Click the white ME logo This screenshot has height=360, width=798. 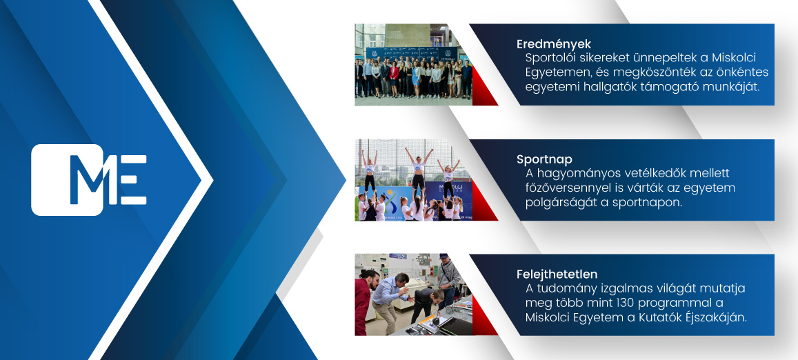coord(89,180)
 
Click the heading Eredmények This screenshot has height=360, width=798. coord(554,44)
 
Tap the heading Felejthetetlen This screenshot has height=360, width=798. coord(557,274)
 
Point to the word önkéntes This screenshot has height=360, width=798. coord(743,72)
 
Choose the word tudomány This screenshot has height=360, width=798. coord(564,289)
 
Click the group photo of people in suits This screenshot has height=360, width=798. coord(413,64)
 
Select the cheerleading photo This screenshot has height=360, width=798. coord(413,180)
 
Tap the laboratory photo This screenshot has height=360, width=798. coord(413,294)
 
